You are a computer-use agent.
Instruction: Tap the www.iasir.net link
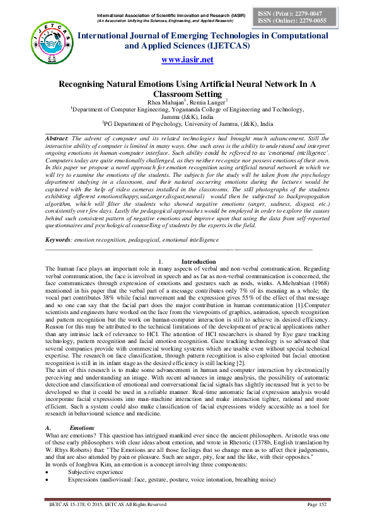click(x=187, y=60)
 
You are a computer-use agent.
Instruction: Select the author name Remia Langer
click(x=208, y=100)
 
